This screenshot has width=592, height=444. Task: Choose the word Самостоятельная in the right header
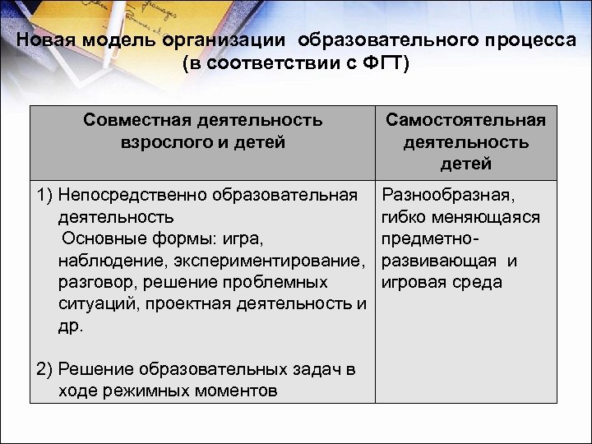(x=466, y=121)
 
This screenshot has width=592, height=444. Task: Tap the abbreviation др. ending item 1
(x=71, y=326)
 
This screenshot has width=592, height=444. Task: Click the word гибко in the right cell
(x=405, y=217)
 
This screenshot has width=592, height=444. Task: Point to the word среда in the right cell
(x=475, y=283)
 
